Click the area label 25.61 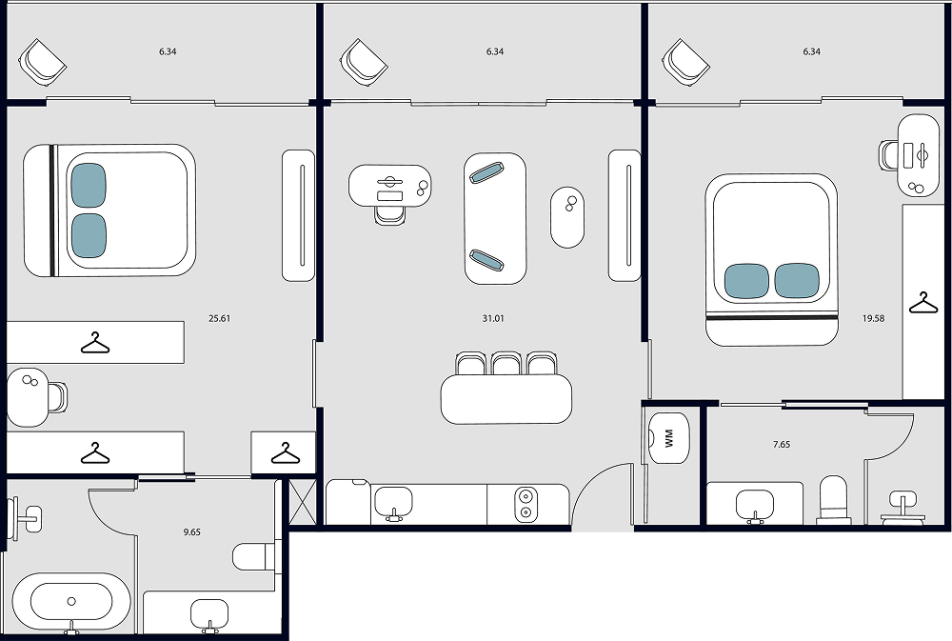[219, 318]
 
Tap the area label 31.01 [493, 318]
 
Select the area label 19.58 [873, 318]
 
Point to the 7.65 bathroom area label [782, 444]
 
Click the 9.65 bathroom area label [192, 531]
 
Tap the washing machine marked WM [668, 438]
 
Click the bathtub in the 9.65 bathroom [71, 602]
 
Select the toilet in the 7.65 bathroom [832, 499]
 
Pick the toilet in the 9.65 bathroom [255, 556]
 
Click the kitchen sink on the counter [393, 503]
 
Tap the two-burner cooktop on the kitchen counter [526, 505]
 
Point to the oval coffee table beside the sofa [567, 217]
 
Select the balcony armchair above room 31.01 [364, 62]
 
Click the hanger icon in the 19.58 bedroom [922, 303]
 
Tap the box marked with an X [303, 502]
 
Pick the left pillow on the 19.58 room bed [746, 281]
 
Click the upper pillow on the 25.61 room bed [89, 186]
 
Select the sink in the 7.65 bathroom [755, 505]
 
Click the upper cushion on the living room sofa [486, 172]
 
